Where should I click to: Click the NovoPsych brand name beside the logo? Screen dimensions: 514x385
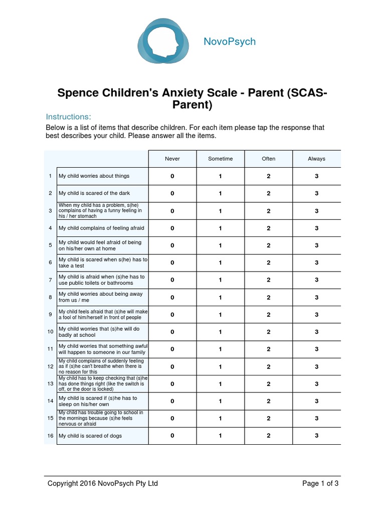[x=230, y=42]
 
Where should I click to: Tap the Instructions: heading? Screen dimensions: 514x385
[x=68, y=116]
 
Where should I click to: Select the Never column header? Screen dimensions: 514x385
[x=172, y=159]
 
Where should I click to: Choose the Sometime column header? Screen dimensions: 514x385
[x=221, y=159]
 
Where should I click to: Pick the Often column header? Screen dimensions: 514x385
[x=269, y=159]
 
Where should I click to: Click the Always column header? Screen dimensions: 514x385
[x=316, y=159]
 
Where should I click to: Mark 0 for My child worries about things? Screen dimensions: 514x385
[x=172, y=176]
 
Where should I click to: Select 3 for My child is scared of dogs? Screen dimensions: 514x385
[x=316, y=436]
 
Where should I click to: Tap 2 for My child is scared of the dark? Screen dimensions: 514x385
[x=269, y=193]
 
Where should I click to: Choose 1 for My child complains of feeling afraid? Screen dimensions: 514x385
[x=221, y=228]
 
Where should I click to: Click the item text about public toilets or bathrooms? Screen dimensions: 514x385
[x=102, y=280]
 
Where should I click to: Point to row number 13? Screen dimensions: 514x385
[x=50, y=383]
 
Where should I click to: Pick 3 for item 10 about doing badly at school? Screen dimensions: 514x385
[x=316, y=332]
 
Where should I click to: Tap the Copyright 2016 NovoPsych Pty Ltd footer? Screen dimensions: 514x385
[x=102, y=483]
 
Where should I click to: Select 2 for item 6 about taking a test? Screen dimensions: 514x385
[x=269, y=263]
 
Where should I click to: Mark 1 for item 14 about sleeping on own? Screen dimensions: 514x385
[x=221, y=401]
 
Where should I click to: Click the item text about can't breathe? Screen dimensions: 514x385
[x=102, y=366]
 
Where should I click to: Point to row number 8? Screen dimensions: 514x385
[x=50, y=297]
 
